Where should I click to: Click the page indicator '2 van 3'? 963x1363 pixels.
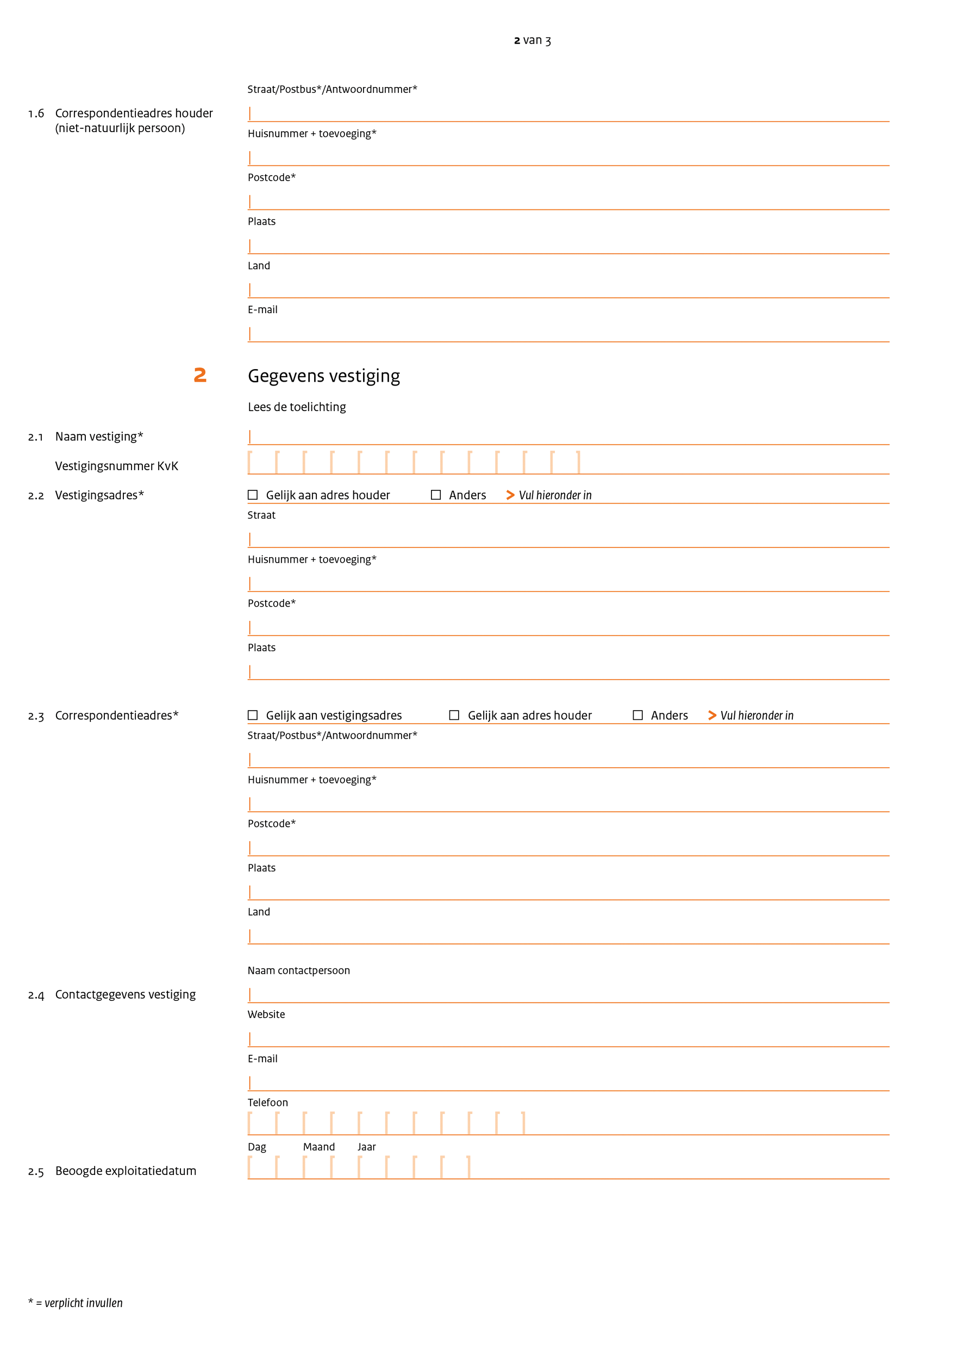[531, 40]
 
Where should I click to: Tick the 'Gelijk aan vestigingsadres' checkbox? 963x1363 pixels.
[253, 715]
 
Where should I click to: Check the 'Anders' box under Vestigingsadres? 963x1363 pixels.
[435, 495]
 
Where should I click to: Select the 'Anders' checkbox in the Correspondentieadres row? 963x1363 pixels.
[638, 715]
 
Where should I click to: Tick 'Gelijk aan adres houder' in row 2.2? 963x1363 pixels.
[253, 495]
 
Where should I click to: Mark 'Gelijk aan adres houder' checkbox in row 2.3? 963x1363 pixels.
[454, 715]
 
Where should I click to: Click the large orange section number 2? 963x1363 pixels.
[200, 375]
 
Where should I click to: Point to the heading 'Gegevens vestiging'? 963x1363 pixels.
[323, 376]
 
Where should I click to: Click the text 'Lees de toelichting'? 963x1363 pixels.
[297, 407]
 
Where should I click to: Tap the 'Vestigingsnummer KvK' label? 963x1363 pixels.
[116, 466]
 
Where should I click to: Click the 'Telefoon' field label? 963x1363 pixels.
[267, 1103]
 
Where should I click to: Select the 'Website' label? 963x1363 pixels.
[266, 1015]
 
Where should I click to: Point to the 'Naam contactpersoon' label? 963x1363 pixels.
[298, 970]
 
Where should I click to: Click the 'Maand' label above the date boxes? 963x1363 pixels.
[318, 1147]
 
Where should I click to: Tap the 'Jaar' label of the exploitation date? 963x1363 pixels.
[366, 1147]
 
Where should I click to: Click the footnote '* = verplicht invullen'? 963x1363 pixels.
[76, 1303]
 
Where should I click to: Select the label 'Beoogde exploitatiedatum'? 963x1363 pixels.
[125, 1171]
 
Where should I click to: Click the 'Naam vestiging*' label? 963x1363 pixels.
[99, 437]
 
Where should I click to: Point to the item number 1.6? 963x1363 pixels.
[36, 114]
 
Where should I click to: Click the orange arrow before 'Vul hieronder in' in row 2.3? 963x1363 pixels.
[712, 715]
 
